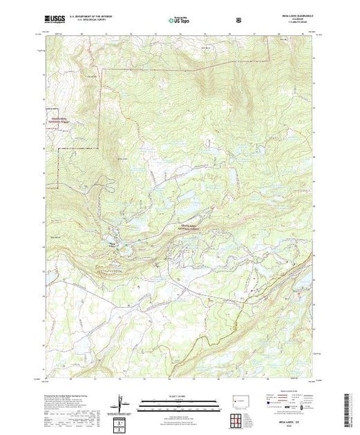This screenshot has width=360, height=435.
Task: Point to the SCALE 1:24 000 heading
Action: point(179,396)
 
